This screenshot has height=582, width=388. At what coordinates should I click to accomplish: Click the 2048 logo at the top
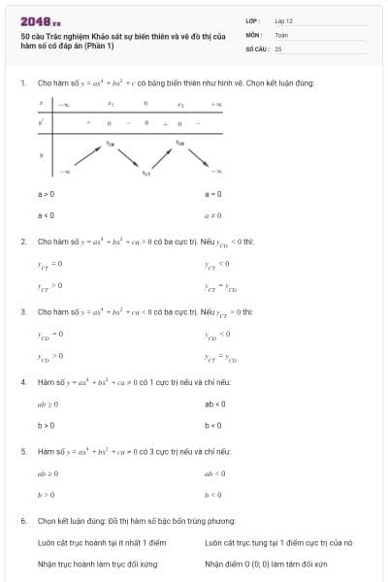(41, 20)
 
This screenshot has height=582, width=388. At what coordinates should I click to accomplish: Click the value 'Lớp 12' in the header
(283, 19)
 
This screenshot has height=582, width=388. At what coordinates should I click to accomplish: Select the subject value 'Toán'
(281, 33)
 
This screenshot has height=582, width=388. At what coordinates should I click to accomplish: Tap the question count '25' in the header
(278, 48)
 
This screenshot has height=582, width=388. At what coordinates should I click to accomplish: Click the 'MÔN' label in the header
(254, 33)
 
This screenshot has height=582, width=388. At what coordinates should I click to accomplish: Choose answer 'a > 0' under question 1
(46, 195)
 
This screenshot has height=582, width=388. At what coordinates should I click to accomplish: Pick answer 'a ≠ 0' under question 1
(213, 214)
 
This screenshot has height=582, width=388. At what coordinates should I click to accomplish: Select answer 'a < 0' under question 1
(46, 214)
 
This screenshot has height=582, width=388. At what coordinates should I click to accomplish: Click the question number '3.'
(22, 312)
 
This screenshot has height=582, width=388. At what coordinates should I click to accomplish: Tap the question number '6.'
(22, 521)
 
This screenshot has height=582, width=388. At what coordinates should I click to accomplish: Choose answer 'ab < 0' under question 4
(215, 404)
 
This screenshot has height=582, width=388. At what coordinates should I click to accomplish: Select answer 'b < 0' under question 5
(213, 495)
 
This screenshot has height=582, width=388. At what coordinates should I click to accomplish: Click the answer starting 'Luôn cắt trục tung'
(278, 543)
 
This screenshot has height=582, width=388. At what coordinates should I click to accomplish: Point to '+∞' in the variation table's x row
(216, 103)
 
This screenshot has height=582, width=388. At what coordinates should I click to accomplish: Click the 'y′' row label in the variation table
(40, 122)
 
